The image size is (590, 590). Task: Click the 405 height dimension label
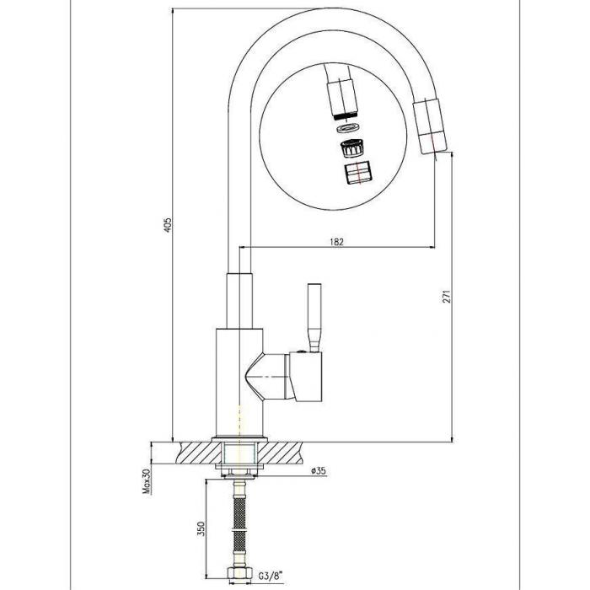169,225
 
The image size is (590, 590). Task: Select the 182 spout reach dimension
336,242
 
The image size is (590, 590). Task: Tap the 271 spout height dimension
446,297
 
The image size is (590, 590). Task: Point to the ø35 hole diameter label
319,470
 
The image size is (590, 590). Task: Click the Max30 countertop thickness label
146,481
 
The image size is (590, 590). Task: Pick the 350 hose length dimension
201,528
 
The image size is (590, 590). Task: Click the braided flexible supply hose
239,520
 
